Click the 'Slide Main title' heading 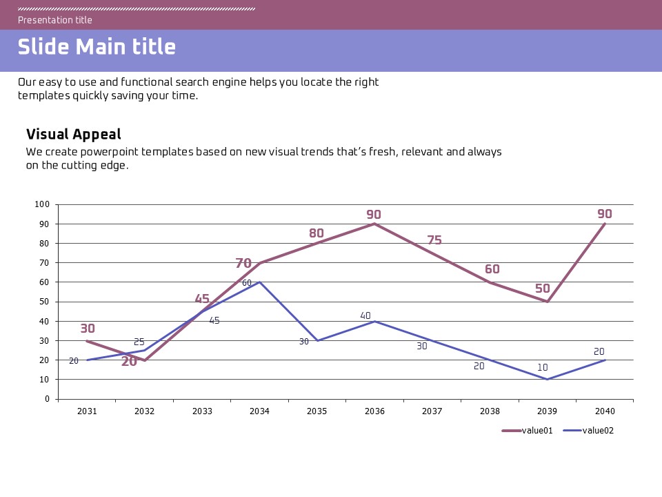(97, 47)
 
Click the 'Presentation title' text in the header (55, 20)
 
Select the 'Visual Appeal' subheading (74, 135)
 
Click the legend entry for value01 (528, 431)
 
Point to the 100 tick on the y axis (42, 204)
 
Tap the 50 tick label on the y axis (44, 302)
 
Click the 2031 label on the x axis (87, 411)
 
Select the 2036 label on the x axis (374, 411)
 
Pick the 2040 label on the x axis (605, 411)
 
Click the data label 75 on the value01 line (434, 240)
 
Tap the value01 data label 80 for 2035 (317, 233)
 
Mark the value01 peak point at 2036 (374, 224)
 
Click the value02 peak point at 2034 (259, 282)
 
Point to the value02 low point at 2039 (547, 379)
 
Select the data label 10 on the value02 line (543, 368)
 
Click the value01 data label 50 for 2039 (543, 289)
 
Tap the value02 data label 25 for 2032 (139, 342)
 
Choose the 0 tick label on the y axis (47, 399)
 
